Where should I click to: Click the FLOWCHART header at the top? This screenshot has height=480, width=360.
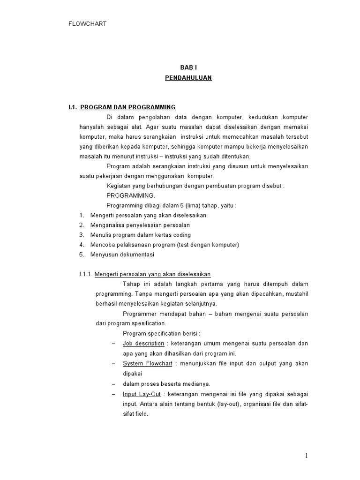(87, 23)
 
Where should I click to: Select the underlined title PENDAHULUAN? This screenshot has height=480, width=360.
(188, 78)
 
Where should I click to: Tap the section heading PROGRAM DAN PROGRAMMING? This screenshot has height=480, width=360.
(128, 107)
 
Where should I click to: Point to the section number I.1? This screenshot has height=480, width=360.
(73, 107)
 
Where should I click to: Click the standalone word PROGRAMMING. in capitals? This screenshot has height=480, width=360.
(130, 195)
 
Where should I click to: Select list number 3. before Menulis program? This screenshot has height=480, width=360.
(82, 235)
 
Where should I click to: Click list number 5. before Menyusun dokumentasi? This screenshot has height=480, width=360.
(82, 255)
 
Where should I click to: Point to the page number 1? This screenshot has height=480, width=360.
(306, 456)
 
